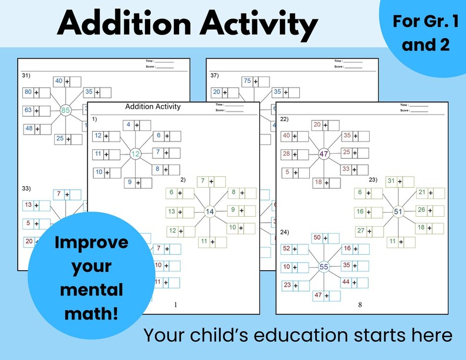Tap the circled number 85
click(x=66, y=110)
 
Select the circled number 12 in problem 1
click(x=136, y=154)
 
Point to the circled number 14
click(x=210, y=211)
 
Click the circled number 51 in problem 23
click(x=399, y=211)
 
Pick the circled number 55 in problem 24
click(x=325, y=267)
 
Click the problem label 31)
click(x=26, y=75)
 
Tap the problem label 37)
click(x=214, y=75)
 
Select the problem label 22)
click(x=284, y=119)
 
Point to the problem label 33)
click(x=26, y=189)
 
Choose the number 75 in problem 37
click(x=247, y=81)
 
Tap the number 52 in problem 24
click(x=286, y=249)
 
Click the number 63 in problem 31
click(x=28, y=110)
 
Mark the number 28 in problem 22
click(x=286, y=154)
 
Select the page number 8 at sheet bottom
click(x=360, y=305)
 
